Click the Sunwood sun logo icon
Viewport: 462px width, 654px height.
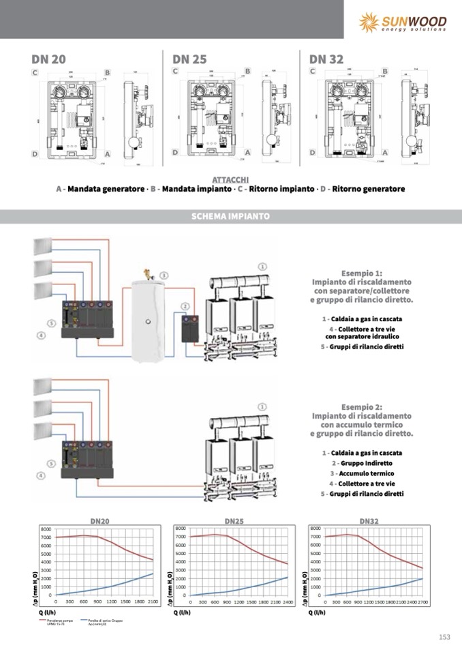(369, 22)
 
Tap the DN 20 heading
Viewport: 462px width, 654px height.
(48, 59)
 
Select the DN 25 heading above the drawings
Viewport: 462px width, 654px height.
(189, 59)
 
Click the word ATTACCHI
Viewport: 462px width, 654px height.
(230, 179)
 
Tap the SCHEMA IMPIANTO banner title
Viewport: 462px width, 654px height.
(231, 216)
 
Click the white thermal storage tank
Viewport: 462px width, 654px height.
(149, 317)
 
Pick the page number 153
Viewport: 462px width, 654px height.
(444, 637)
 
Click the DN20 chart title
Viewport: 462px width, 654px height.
(100, 521)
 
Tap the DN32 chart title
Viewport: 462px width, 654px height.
(369, 521)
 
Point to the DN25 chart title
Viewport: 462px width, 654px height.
(234, 521)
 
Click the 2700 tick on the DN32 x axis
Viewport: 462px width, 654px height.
(423, 602)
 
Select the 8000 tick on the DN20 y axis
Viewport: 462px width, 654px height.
(46, 529)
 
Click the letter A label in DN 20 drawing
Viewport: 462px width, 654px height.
(108, 154)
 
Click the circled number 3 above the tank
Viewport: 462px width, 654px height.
(164, 276)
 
